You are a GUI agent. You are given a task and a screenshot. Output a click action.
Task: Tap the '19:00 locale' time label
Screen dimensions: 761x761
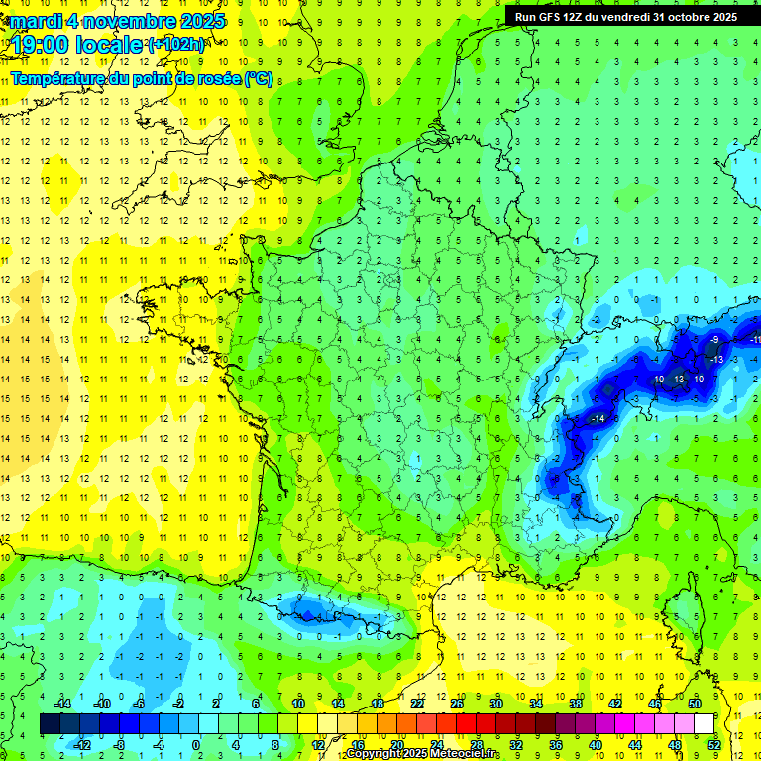point(77,44)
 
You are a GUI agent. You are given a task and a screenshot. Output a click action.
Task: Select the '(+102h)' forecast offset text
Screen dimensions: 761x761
point(175,45)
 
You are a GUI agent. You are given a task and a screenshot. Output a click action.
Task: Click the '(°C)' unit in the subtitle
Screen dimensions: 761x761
point(259,78)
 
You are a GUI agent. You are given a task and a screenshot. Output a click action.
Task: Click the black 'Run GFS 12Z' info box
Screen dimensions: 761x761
point(625,16)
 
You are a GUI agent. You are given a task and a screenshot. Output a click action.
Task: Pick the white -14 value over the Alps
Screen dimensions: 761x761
point(598,419)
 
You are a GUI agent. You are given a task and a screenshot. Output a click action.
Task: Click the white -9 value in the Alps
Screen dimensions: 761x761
point(715,340)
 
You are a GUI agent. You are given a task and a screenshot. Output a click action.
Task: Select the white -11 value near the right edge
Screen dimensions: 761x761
point(755,340)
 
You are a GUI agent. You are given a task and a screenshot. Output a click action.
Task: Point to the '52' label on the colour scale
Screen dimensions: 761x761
point(713,745)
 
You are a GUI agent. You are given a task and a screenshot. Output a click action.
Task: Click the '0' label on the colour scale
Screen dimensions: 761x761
point(196,745)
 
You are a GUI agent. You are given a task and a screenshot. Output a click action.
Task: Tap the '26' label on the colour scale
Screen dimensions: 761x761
point(457,703)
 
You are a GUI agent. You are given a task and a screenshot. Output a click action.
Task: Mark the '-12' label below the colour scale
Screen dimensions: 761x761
point(82,745)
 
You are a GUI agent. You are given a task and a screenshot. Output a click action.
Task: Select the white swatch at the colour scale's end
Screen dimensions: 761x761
point(704,724)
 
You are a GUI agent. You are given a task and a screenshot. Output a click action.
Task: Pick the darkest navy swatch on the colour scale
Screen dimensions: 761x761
point(50,724)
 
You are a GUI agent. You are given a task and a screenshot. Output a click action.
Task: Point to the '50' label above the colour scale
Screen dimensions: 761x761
point(694,703)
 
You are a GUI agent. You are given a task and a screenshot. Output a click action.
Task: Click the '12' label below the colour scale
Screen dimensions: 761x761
point(318,745)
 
